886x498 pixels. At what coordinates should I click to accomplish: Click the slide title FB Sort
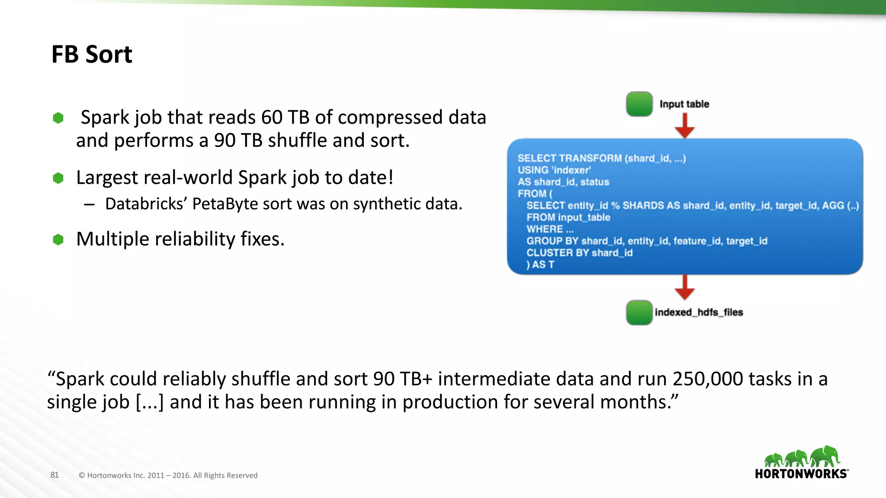(92, 54)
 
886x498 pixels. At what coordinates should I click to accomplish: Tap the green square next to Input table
(639, 104)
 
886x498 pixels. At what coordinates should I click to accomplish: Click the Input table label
(684, 104)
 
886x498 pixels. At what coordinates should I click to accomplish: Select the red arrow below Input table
(684, 126)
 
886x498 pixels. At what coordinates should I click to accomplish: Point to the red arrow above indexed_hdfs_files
(684, 287)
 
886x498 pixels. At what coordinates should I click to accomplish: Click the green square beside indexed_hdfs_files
(639, 313)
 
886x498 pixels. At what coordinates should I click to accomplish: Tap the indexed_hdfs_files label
(699, 313)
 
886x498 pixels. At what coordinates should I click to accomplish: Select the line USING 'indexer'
(554, 170)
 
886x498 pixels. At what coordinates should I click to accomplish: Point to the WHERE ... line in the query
(550, 229)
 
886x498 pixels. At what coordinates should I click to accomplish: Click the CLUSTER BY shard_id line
(579, 253)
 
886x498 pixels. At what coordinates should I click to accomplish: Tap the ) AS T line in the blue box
(540, 265)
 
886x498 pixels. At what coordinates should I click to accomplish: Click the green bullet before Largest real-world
(58, 178)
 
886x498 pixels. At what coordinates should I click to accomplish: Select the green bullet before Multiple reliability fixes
(58, 239)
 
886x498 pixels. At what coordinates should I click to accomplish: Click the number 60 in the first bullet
(272, 118)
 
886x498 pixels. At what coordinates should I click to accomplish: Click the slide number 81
(55, 475)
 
